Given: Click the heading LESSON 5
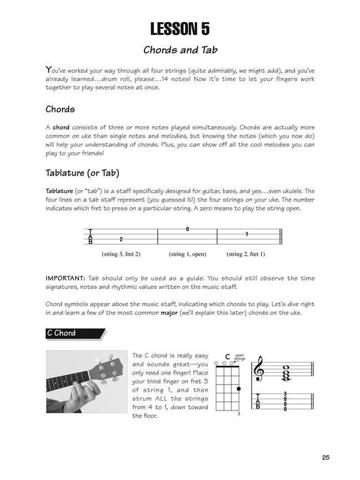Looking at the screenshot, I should pyautogui.click(x=180, y=28).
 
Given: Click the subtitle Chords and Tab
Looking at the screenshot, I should pyautogui.click(x=180, y=49).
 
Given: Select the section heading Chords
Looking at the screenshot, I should pyautogui.click(x=61, y=109).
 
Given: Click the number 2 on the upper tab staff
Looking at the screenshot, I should pyautogui.click(x=121, y=239).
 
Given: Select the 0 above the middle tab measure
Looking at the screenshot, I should pyautogui.click(x=187, y=229).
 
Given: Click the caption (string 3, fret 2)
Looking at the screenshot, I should pyautogui.click(x=121, y=254).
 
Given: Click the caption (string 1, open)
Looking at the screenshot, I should pyautogui.click(x=187, y=254).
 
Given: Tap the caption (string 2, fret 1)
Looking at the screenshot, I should pyautogui.click(x=246, y=254).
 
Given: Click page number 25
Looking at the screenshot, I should pyautogui.click(x=326, y=457).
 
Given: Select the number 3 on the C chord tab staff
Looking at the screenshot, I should pyautogui.click(x=285, y=394).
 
